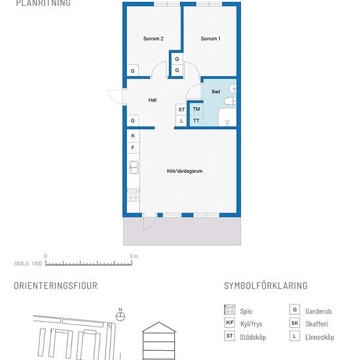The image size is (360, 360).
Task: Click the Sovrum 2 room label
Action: [153, 39]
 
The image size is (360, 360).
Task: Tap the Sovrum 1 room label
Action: [211, 39]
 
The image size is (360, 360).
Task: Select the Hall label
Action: [153, 100]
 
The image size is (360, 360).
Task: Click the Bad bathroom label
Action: [216, 92]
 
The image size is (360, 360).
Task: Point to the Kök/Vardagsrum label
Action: [185, 171]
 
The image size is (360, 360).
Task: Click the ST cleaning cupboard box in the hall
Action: [181, 109]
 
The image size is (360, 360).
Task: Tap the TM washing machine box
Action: [196, 109]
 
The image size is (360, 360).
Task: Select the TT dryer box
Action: [196, 120]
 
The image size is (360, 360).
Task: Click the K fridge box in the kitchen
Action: [133, 136]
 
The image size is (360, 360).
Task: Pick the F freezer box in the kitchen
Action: [133, 148]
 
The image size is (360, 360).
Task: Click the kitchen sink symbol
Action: [134, 167]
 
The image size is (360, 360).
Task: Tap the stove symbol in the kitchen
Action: [134, 195]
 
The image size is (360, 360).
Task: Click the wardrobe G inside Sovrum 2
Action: [133, 71]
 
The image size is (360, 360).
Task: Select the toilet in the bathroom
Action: [230, 101]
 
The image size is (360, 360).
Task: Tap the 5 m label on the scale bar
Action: [134, 256]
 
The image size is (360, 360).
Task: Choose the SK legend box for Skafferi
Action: [295, 323]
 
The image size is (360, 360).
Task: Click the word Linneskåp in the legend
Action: [319, 337]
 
